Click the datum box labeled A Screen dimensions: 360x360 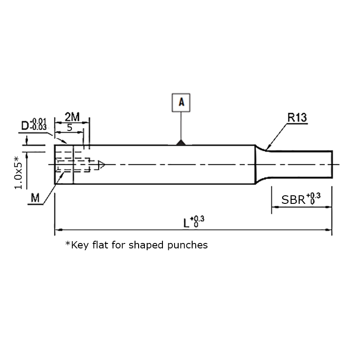[x=181, y=103]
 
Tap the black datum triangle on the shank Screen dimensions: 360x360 [x=181, y=143]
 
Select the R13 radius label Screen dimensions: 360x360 [x=297, y=117]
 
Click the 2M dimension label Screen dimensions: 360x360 [x=72, y=117]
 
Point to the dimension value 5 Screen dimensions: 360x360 [x=70, y=127]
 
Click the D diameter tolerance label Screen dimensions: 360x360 [x=34, y=125]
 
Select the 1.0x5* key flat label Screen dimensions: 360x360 [x=18, y=172]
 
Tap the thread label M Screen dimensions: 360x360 [x=35, y=198]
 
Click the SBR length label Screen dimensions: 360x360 [x=293, y=200]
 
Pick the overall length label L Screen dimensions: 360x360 [x=186, y=223]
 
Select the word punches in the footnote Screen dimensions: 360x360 [x=188, y=245]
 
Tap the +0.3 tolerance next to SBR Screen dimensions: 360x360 [x=313, y=198]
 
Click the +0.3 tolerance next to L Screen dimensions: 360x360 [x=197, y=221]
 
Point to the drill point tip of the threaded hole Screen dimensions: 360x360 [x=105, y=164]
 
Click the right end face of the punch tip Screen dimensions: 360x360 [x=332, y=164]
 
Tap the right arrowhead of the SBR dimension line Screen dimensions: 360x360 [x=328, y=207]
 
